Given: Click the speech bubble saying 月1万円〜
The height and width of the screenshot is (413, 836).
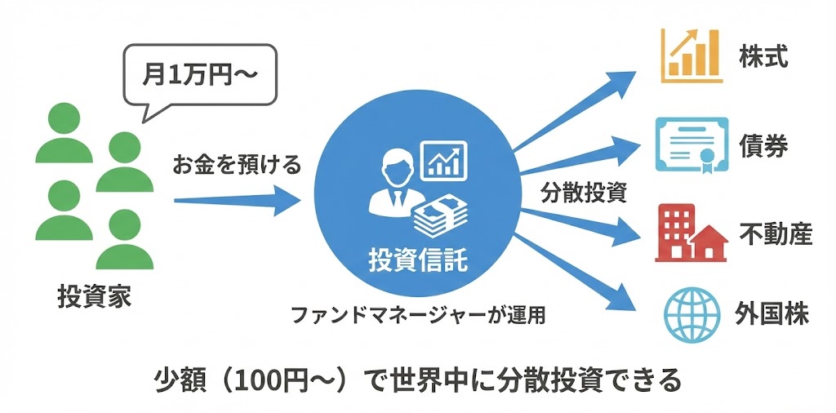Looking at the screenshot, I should (x=200, y=79).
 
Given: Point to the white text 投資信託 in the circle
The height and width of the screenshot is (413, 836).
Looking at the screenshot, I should (x=419, y=260).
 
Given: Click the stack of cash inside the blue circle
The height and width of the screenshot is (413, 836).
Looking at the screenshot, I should (x=441, y=215).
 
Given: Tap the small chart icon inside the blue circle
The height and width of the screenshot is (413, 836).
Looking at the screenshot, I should (x=442, y=159).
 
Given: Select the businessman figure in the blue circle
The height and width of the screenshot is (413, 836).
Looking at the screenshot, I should (x=394, y=188).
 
